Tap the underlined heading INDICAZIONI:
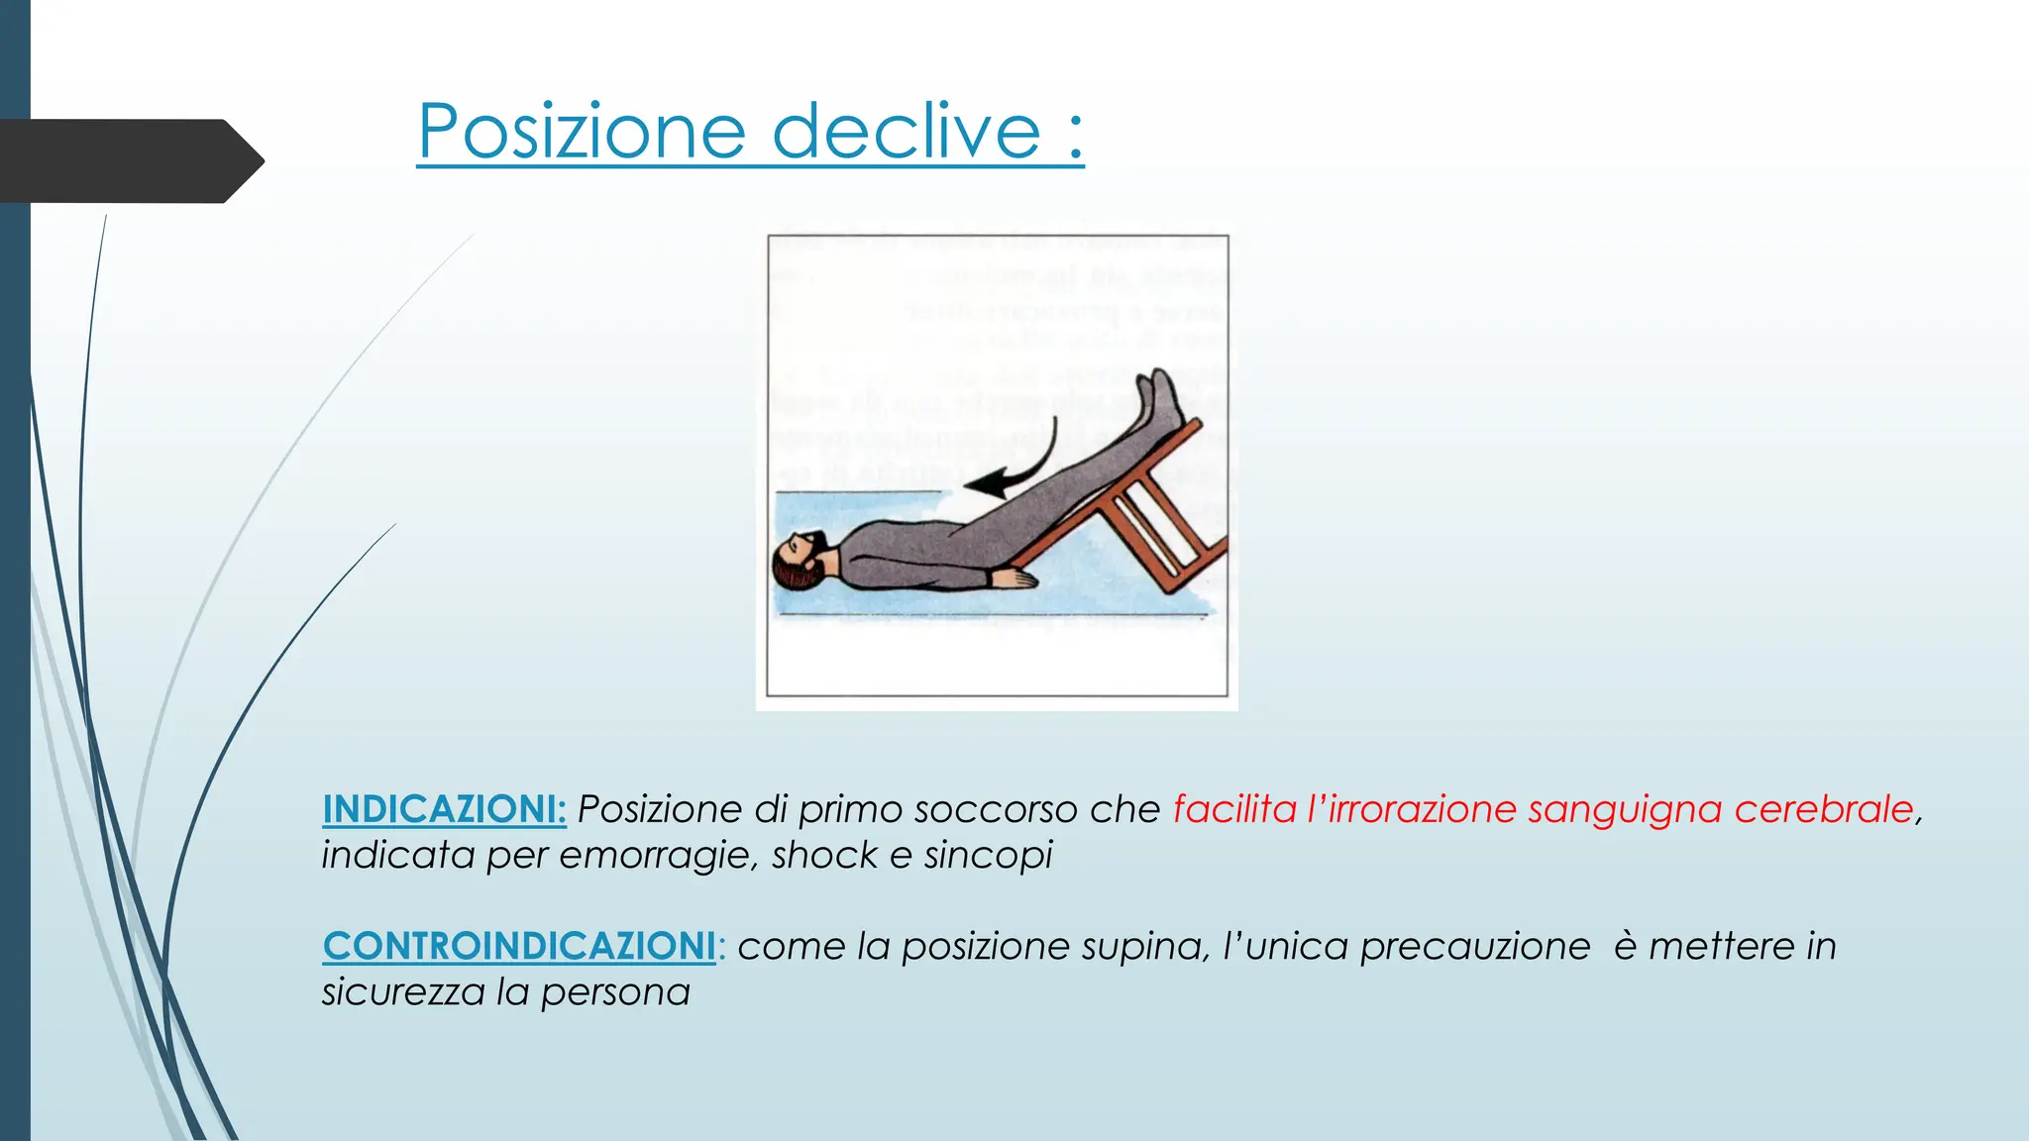tap(444, 809)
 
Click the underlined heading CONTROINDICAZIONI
tap(519, 946)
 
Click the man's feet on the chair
tap(1160, 397)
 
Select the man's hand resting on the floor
tap(1015, 577)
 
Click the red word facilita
tap(1234, 809)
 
